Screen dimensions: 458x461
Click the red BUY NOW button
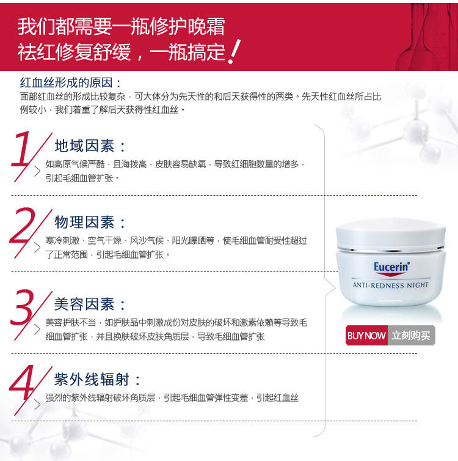[x=366, y=336]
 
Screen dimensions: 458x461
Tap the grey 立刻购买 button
[x=412, y=336]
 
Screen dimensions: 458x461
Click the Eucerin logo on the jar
[x=391, y=267]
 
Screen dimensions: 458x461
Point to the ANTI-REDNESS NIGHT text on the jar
[x=391, y=285]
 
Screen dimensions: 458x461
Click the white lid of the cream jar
[x=391, y=234]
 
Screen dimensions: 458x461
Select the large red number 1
[x=21, y=149]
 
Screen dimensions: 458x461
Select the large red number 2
[x=22, y=225]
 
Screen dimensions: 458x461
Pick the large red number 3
[x=22, y=308]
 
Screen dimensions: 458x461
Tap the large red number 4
[x=21, y=382]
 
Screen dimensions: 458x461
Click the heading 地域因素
[x=84, y=146]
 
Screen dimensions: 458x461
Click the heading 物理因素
[x=84, y=223]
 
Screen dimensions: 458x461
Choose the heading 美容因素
[x=84, y=304]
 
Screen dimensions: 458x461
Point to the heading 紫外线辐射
[x=92, y=379]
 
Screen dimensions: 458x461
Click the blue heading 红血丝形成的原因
[x=67, y=83]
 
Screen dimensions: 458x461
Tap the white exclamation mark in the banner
[x=234, y=51]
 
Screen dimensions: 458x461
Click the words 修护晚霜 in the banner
[x=187, y=26]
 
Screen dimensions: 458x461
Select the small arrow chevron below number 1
[x=37, y=171]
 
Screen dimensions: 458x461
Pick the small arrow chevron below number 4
[x=37, y=405]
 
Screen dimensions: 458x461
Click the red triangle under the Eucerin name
[x=391, y=275]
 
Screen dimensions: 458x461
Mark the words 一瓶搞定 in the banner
[x=187, y=52]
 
